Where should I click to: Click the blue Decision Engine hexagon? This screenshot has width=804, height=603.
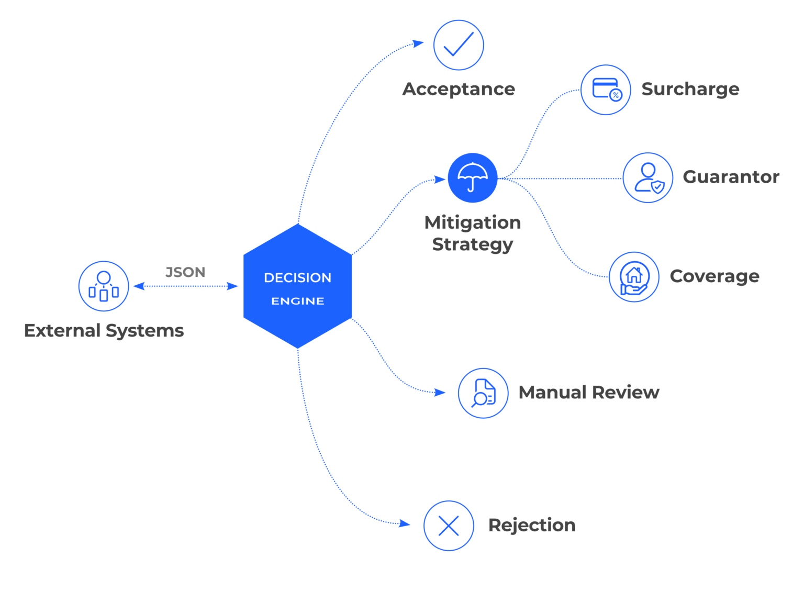coord(297,286)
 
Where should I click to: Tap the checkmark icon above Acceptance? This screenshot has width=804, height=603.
coord(459,45)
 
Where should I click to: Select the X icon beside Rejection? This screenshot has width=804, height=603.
coord(449,526)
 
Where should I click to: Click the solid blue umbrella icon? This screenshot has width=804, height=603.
coord(473,178)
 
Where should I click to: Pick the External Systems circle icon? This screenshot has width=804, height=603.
coord(104,286)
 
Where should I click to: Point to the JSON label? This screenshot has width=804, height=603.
coord(185,272)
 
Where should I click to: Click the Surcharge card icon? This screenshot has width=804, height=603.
coord(606,90)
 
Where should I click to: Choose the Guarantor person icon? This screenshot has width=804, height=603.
coord(648,178)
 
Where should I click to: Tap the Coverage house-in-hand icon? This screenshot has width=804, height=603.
coord(634,277)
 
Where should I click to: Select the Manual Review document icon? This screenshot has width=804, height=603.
coord(483,393)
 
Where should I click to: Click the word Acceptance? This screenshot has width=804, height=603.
coord(459,89)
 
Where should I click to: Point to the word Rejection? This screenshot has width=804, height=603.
coord(532,525)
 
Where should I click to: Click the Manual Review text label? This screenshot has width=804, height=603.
coord(589,392)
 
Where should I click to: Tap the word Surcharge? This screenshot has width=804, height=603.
coord(690,89)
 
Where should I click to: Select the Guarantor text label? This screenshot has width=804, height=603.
coord(731,177)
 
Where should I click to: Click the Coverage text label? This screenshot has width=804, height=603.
coord(714,276)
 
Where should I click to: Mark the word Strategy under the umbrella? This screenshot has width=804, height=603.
coord(473,244)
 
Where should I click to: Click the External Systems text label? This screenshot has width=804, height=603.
coord(104,330)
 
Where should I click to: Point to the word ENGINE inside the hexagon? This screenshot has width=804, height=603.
coord(298,301)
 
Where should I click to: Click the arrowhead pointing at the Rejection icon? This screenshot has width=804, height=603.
coord(405,523)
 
